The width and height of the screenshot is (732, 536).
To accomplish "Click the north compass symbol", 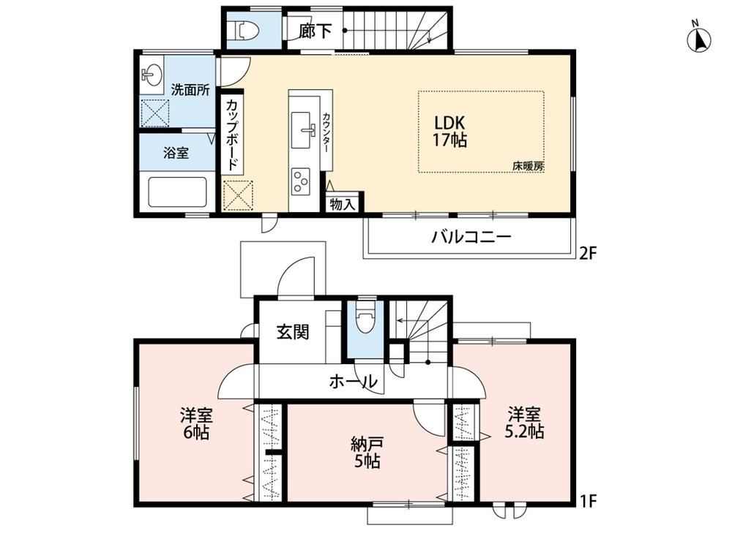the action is tap(699, 38).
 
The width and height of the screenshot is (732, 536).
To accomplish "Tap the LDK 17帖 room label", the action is tap(449, 131).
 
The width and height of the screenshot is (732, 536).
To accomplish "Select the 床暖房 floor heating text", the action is tap(529, 165).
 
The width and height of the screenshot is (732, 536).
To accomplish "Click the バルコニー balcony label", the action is tap(471, 236).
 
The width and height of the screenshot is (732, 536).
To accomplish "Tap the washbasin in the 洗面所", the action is tap(152, 74).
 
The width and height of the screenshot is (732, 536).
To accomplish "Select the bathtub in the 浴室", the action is tap(177, 192).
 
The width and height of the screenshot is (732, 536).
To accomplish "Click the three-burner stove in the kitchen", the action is tap(300, 181).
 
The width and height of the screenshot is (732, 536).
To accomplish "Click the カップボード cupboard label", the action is tap(232, 135).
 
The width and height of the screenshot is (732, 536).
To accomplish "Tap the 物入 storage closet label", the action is tap(343, 204).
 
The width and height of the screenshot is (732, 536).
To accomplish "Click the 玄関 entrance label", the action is tap(293, 332).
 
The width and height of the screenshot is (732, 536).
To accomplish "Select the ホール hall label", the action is tap(353, 382).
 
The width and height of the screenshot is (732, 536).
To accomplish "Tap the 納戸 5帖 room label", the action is tap(367, 453).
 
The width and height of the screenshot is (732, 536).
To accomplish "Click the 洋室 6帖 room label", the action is tap(196, 423).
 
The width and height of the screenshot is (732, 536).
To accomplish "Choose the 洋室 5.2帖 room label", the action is tap(524, 423).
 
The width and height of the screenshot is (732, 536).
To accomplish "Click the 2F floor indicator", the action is tap(589, 253).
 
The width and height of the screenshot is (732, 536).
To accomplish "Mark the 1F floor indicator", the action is tap(589, 501).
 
